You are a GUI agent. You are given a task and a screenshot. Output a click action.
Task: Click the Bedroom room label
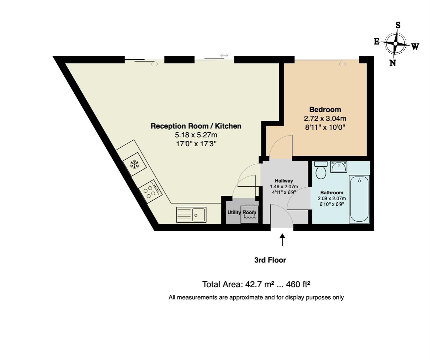(325, 109)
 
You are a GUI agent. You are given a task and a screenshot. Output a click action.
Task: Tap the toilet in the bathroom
(321, 170)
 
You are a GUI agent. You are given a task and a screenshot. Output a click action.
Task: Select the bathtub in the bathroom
(359, 199)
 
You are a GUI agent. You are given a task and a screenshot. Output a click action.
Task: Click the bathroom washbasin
(339, 167)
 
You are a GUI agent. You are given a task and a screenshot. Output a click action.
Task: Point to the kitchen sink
(191, 215)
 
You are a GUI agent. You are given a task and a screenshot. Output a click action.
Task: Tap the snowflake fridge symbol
(135, 164)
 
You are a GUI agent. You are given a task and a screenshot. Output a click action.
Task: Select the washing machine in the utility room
(249, 214)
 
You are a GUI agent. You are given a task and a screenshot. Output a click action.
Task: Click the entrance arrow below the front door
(282, 240)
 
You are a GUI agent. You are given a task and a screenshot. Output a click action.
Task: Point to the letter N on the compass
(392, 63)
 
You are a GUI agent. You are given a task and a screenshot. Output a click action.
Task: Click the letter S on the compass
(398, 25)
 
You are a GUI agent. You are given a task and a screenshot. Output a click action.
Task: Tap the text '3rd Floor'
(270, 260)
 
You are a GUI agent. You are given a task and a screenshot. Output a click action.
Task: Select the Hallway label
(284, 181)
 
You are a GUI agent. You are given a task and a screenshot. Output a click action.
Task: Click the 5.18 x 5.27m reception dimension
(196, 135)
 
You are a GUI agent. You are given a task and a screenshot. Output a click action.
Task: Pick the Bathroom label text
(332, 193)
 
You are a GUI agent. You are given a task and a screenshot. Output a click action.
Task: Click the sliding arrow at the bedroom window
(343, 64)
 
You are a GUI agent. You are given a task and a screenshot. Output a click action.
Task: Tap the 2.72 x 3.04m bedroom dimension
(325, 118)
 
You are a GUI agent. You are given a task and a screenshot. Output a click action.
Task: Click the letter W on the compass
(415, 47)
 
